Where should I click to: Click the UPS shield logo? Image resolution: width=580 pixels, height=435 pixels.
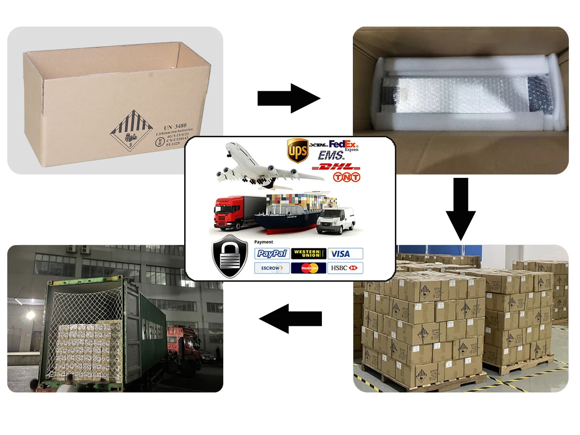click(x=298, y=151)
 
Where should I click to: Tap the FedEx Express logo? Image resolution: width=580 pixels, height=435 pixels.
click(x=344, y=145)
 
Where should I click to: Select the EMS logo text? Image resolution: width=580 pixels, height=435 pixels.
click(x=331, y=156)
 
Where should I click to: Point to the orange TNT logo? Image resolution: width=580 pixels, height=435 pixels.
click(x=347, y=177)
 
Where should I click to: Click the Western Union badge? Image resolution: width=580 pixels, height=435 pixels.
click(x=308, y=253)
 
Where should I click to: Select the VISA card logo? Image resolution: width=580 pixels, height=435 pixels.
click(x=345, y=253)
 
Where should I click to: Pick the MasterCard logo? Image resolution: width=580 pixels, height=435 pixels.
click(x=308, y=268)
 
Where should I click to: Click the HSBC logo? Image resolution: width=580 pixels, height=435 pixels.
click(x=345, y=268)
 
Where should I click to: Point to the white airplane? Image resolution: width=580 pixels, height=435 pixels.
click(x=261, y=167)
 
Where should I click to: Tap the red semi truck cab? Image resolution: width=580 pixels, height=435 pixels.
click(x=229, y=213)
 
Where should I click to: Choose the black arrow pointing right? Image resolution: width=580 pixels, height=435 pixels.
click(x=289, y=98)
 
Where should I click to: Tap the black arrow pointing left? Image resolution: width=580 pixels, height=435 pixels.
click(x=290, y=318)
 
